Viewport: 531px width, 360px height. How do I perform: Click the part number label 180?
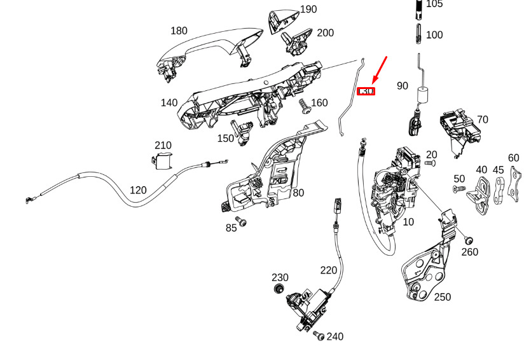pyautogui.click(x=179, y=31)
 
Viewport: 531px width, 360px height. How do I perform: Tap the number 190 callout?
pyautogui.click(x=308, y=10)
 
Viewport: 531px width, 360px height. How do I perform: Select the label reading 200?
pyautogui.click(x=325, y=33)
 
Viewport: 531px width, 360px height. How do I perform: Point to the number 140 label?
pyautogui.click(x=169, y=102)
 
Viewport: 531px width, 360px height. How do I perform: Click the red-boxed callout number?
pyautogui.click(x=366, y=92)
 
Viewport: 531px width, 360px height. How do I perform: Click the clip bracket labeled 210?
pyautogui.click(x=163, y=162)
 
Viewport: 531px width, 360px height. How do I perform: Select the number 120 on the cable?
pyautogui.click(x=138, y=190)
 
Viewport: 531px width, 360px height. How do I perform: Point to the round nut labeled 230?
pyautogui.click(x=278, y=290)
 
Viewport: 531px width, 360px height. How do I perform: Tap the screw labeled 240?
pyautogui.click(x=319, y=335)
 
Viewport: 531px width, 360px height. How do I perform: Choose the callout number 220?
pyautogui.click(x=328, y=270)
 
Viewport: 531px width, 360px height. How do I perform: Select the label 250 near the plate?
pyautogui.click(x=442, y=297)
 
